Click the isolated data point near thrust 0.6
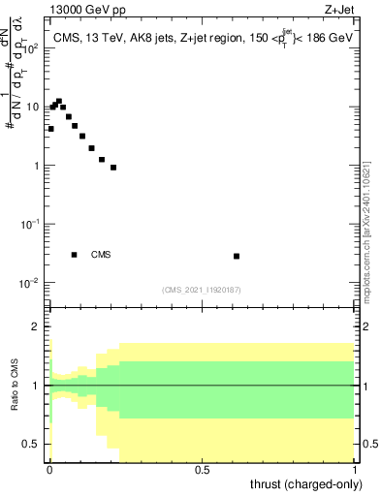237,256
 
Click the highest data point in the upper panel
59,101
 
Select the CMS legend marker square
75,255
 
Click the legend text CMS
101,255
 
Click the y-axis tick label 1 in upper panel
39,166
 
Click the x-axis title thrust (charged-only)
309,483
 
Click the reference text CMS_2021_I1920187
202,290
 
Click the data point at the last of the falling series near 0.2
113,168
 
